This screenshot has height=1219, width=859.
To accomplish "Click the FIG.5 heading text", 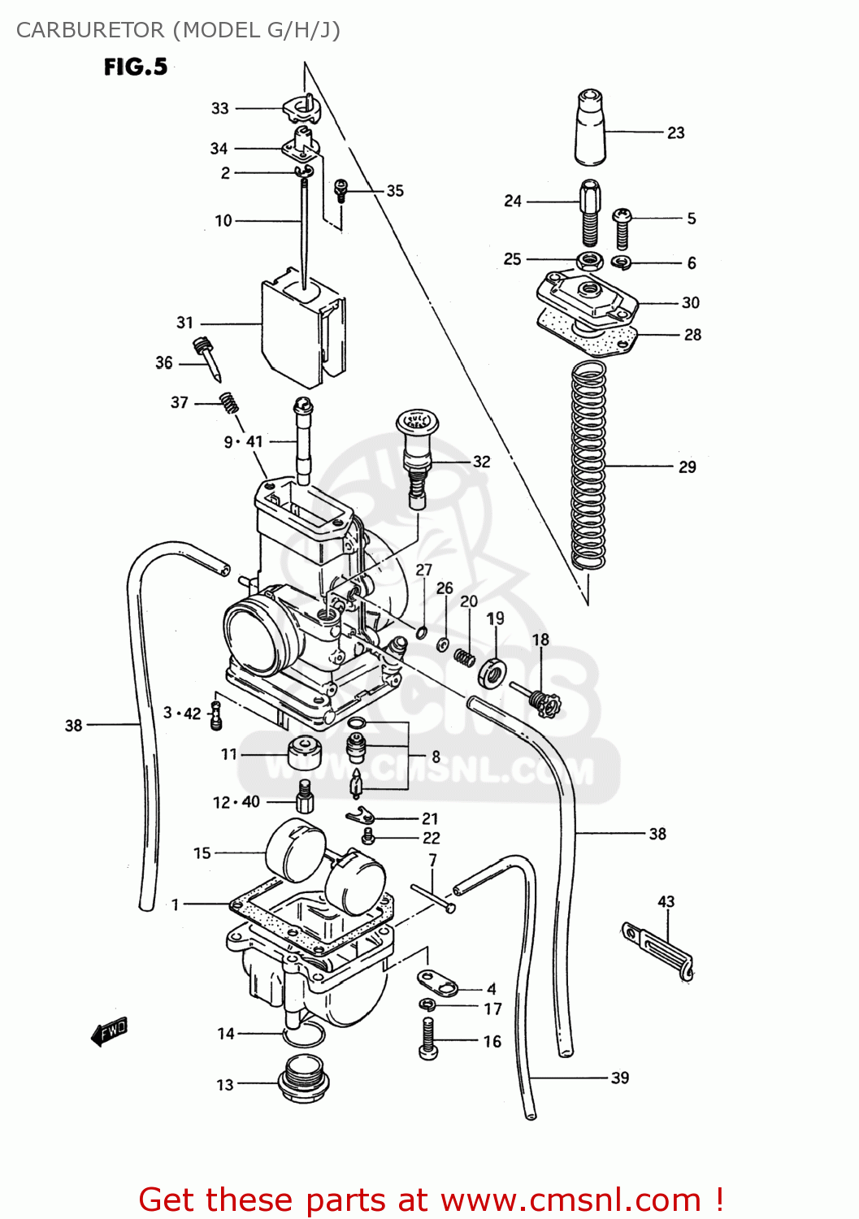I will pyautogui.click(x=136, y=67).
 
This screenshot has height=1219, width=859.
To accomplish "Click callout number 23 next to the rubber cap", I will pyautogui.click(x=675, y=132).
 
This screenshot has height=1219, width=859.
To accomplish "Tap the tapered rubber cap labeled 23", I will pyautogui.click(x=589, y=128).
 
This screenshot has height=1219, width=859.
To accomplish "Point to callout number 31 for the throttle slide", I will pyautogui.click(x=185, y=323).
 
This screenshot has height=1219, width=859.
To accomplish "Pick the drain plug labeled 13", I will pyautogui.click(x=303, y=1078).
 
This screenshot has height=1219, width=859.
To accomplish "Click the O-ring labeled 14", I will pyautogui.click(x=304, y=1035).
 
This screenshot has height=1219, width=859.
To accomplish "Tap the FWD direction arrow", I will pyautogui.click(x=110, y=1031).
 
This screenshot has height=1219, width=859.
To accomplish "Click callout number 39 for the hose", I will pyautogui.click(x=620, y=1078).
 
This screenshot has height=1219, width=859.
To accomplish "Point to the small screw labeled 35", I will pyautogui.click(x=341, y=191).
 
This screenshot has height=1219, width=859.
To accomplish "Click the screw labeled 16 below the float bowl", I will pyautogui.click(x=429, y=1039).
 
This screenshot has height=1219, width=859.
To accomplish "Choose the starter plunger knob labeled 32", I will pyautogui.click(x=417, y=459).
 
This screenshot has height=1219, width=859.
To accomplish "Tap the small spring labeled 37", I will pyautogui.click(x=229, y=402).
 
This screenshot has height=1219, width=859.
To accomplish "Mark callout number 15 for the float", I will pyautogui.click(x=202, y=853).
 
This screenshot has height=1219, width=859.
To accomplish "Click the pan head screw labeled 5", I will pyautogui.click(x=623, y=228).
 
